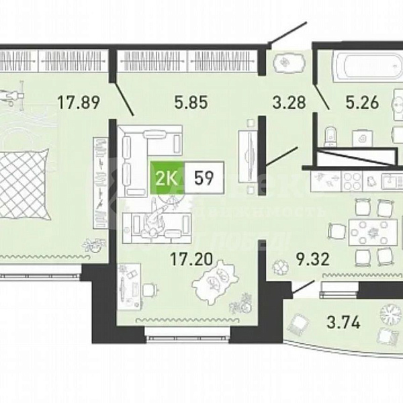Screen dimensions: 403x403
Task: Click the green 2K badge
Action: point(168,178)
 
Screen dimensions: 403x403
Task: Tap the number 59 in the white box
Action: point(204,178)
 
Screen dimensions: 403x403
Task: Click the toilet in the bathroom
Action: point(329,136)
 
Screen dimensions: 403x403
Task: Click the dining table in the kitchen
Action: point(363,233)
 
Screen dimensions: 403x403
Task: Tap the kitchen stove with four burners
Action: point(353,180)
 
